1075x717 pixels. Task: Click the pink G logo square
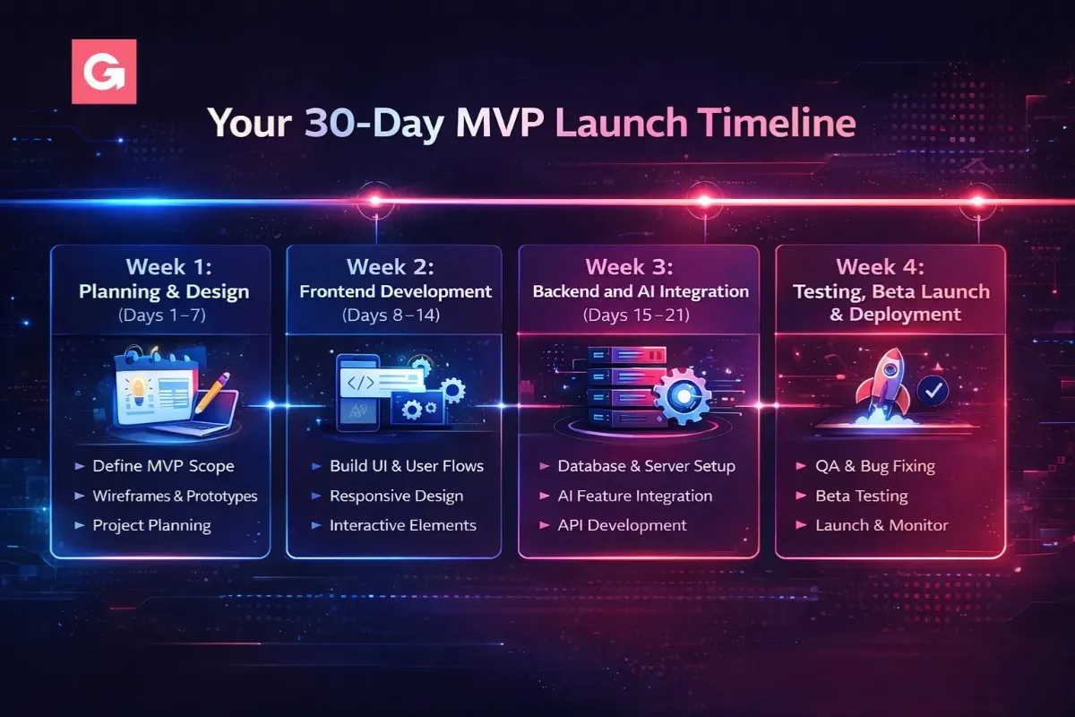104,72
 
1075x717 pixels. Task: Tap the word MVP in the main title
500,123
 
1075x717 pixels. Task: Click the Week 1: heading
168,267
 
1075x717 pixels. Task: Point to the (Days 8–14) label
391,315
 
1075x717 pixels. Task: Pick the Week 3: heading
629,267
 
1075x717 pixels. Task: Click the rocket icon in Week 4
883,384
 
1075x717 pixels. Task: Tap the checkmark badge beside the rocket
933,391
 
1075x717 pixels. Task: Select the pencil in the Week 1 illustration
212,393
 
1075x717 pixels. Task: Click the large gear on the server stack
682,395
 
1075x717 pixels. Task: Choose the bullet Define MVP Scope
163,466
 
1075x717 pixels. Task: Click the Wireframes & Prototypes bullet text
175,497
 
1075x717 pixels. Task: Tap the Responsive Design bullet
396,497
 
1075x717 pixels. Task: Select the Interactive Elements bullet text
402,525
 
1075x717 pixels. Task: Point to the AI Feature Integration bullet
634,497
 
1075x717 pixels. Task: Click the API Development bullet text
622,525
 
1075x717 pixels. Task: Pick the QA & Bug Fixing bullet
875,466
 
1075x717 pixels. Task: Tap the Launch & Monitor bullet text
881,525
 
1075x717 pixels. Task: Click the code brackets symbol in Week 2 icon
360,383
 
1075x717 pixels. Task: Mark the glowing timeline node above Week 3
704,201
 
